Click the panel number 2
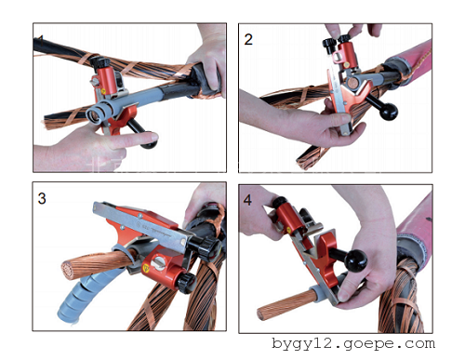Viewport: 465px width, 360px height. [248, 40]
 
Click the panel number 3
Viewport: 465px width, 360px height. [42, 198]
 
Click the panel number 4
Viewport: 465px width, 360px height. [247, 200]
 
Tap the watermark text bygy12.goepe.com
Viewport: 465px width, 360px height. [353, 344]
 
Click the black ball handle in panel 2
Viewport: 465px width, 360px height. [388, 111]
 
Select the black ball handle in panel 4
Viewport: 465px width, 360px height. [356, 260]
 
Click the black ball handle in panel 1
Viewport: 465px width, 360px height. [149, 141]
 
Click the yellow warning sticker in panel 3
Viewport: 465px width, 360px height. [146, 267]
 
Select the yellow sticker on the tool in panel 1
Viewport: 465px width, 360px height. [103, 92]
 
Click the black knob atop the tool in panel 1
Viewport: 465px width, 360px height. [100, 63]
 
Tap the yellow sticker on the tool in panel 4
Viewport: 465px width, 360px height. [288, 230]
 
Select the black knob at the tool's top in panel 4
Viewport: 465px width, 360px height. [279, 203]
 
